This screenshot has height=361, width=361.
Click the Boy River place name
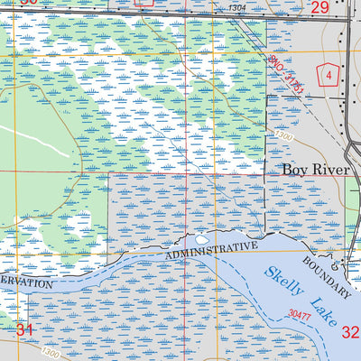coord(313,169)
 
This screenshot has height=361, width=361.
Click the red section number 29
coord(319,7)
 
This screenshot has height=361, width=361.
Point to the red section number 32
coord(350,330)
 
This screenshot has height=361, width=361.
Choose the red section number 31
coord(24,330)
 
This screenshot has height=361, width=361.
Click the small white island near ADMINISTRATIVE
coord(200,240)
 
